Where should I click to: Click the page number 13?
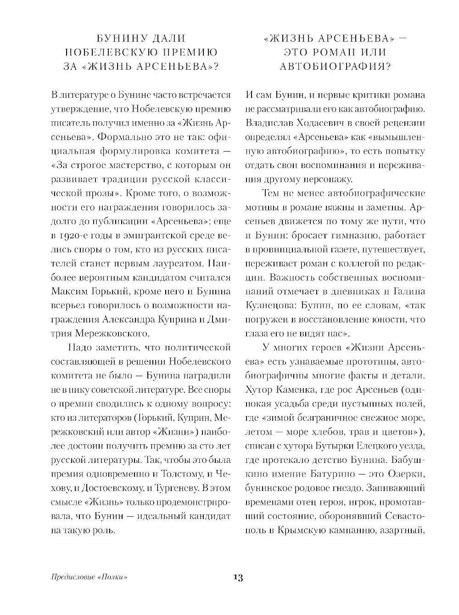238,577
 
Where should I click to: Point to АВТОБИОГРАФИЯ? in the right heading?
335,67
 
